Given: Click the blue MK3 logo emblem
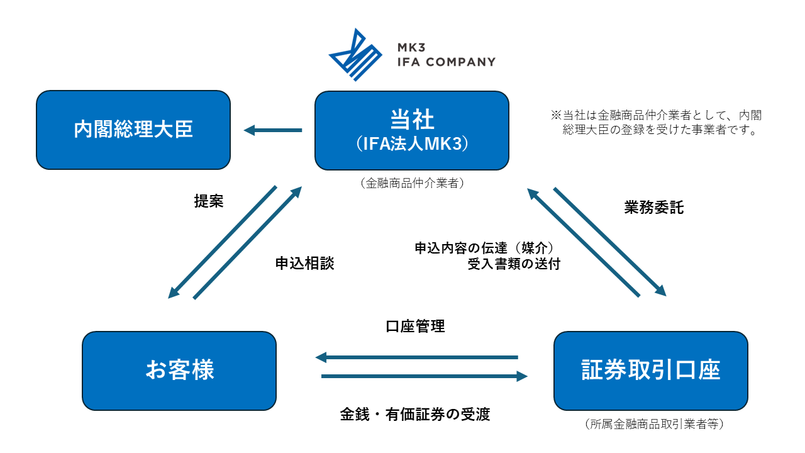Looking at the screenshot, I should pyautogui.click(x=355, y=54).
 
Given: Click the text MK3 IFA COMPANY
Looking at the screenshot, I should pyautogui.click(x=446, y=55).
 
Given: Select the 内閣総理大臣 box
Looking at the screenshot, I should pyautogui.click(x=133, y=130).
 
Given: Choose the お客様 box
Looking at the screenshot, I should pyautogui.click(x=179, y=371).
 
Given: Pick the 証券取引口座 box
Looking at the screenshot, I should pyautogui.click(x=650, y=371).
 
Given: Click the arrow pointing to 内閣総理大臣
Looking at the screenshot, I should pyautogui.click(x=273, y=130).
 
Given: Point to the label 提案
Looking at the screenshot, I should pyautogui.click(x=209, y=201).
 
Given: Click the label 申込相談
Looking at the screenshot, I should pyautogui.click(x=304, y=264).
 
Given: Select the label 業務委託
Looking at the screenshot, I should pyautogui.click(x=653, y=208).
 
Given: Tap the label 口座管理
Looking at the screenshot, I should pyautogui.click(x=415, y=327).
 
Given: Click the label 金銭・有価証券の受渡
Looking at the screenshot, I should pyautogui.click(x=415, y=414).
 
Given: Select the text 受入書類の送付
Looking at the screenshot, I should pyautogui.click(x=513, y=264).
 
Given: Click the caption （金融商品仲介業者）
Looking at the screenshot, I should pyautogui.click(x=412, y=183).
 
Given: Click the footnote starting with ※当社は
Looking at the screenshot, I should pyautogui.click(x=657, y=123).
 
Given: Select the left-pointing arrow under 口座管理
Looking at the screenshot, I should pyautogui.click(x=416, y=357).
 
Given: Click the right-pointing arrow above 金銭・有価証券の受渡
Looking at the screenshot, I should pyautogui.click(x=424, y=376).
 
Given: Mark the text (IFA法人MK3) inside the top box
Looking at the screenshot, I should pyautogui.click(x=411, y=144).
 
